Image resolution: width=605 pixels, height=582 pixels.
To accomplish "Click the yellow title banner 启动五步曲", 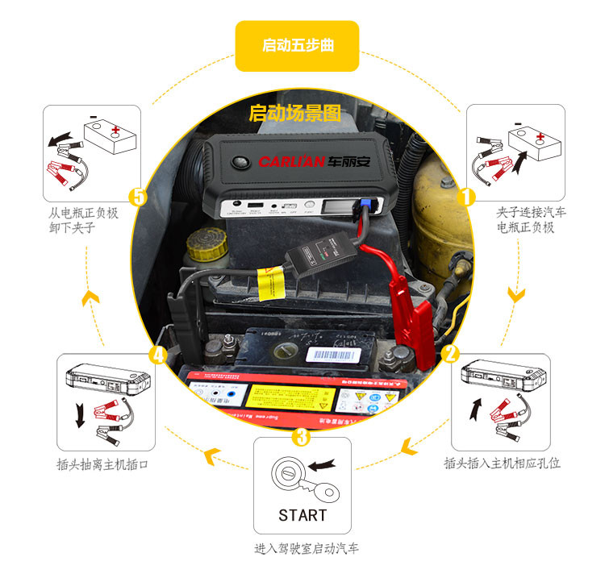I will pos(297,46).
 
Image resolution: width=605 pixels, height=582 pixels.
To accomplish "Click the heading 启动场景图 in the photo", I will pos(295,114).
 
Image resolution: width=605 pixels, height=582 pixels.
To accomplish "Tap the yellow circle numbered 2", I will pos(451,351).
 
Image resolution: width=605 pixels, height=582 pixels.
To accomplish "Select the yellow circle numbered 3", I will pos(302,436).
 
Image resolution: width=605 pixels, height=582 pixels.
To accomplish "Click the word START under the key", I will pos(302,515).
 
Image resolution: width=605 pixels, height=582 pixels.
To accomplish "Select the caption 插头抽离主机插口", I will pos(102,464).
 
